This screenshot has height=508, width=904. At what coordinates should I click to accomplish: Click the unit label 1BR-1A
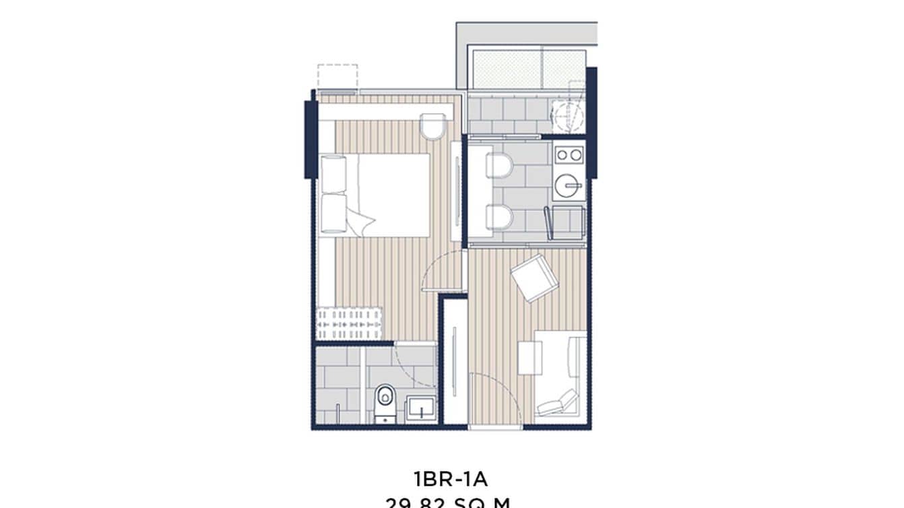coord(450,479)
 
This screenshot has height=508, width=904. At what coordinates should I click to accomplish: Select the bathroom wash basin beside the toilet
coord(420,408)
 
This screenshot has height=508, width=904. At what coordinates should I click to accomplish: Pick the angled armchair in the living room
coord(534,277)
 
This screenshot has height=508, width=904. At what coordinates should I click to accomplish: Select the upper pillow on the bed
coord(333,174)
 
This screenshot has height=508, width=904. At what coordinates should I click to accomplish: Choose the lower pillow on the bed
coord(333,214)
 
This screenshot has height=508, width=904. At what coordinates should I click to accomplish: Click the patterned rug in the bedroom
coord(349,323)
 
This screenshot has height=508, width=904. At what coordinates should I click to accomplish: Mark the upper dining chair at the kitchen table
coord(499,165)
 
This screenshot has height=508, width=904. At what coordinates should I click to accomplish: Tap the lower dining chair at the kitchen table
coord(499,217)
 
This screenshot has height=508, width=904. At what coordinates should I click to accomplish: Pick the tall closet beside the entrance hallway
coord(455,360)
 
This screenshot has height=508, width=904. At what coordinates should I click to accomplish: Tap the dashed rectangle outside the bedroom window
coord(337,76)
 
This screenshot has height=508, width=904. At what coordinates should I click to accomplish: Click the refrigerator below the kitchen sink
coord(564,222)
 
